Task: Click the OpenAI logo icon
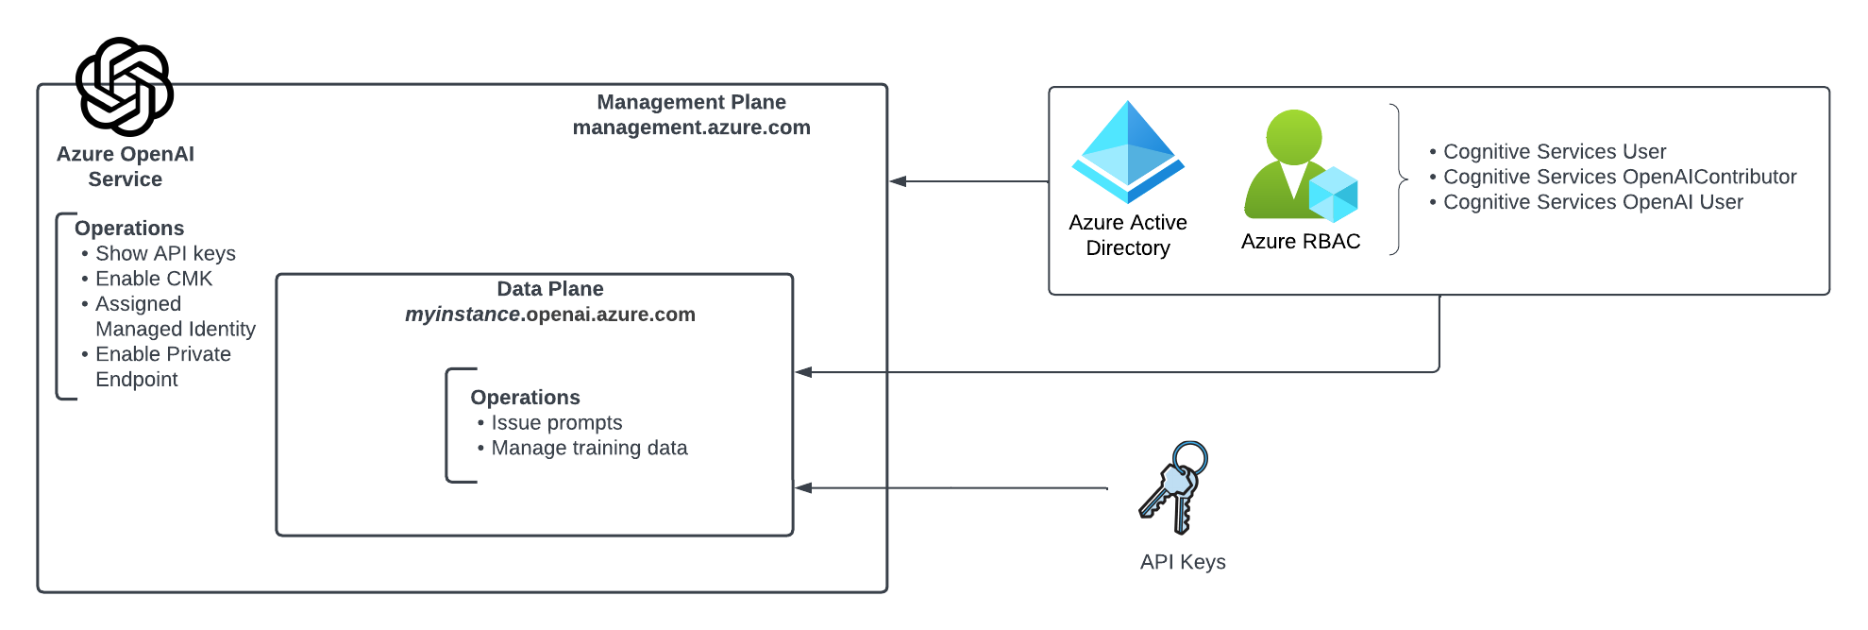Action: pyautogui.click(x=125, y=86)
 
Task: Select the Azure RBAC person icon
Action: pyautogui.click(x=1300, y=166)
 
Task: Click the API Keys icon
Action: pyautogui.click(x=1174, y=487)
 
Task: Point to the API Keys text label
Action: pyautogui.click(x=1183, y=562)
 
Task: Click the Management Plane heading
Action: pyautogui.click(x=691, y=102)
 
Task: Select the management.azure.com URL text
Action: pyautogui.click(x=691, y=128)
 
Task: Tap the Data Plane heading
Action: pyautogui.click(x=550, y=289)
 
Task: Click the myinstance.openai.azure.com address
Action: pyautogui.click(x=550, y=315)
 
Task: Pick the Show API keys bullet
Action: pyautogui.click(x=165, y=254)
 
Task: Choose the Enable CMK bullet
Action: pyautogui.click(x=154, y=279)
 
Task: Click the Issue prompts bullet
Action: pyautogui.click(x=556, y=423)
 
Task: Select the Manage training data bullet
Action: pyautogui.click(x=589, y=449)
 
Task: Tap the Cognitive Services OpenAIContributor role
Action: pyautogui.click(x=1620, y=177)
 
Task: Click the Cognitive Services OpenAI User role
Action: pyautogui.click(x=1592, y=202)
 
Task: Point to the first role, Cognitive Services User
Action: pyautogui.click(x=1555, y=152)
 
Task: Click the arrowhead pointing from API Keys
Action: pyautogui.click(x=803, y=488)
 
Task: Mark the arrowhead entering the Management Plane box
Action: pyautogui.click(x=898, y=181)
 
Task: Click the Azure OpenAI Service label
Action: pyautogui.click(x=126, y=166)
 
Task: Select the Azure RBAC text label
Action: pyautogui.click(x=1301, y=242)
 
